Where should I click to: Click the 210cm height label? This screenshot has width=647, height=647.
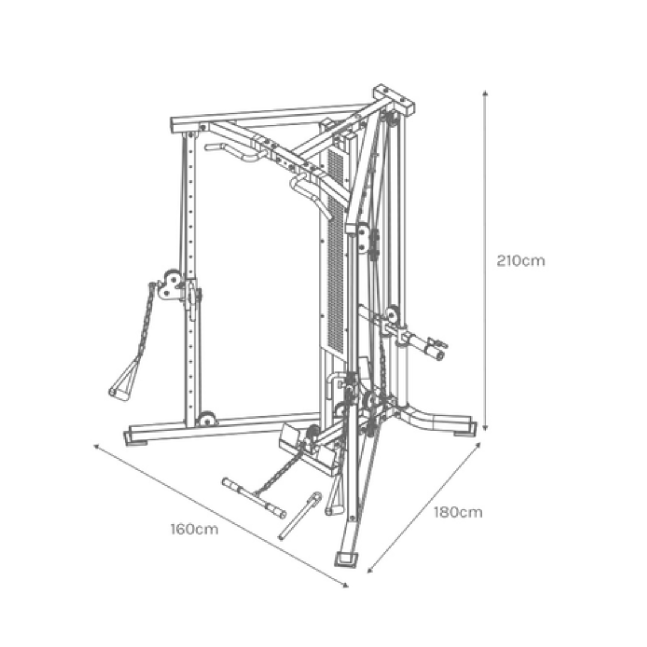pos(521,261)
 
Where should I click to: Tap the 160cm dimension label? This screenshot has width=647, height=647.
pos(194,529)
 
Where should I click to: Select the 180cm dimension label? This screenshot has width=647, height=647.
pos(458,512)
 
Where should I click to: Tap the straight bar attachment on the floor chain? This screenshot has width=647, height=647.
pos(254,498)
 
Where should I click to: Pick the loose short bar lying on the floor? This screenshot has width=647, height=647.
pos(300,516)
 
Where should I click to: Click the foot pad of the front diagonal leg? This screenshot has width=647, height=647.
pos(346,560)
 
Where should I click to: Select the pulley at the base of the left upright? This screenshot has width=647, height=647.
pos(206,418)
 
